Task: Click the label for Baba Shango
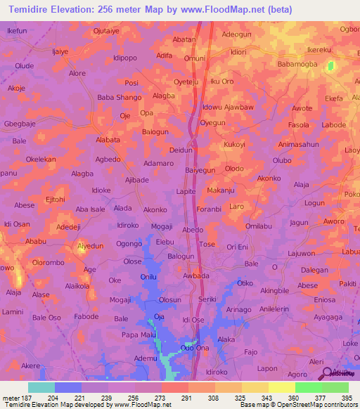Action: click(120, 98)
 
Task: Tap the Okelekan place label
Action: click(41, 160)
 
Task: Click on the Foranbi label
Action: click(210, 209)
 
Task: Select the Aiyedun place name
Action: click(90, 246)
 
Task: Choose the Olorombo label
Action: click(49, 262)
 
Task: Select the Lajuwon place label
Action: click(301, 253)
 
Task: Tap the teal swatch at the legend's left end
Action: click(41, 387)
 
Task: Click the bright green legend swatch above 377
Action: click(308, 387)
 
